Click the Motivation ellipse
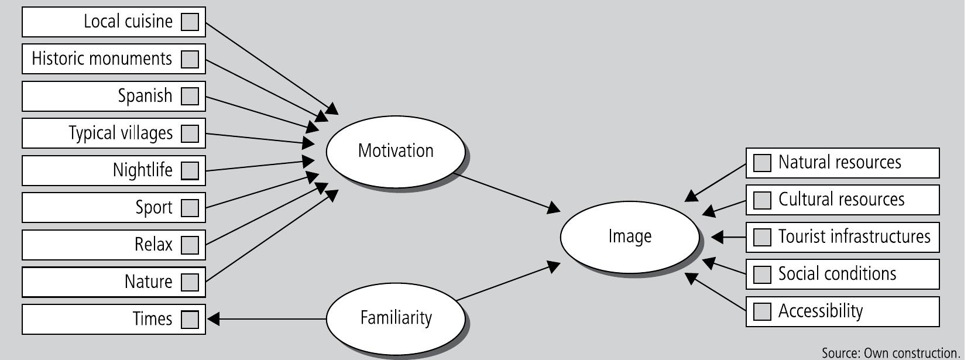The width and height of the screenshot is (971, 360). coord(395,151)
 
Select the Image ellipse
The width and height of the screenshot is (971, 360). coord(629,236)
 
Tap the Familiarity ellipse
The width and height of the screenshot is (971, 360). coord(395,318)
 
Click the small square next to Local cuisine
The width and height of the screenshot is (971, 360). coord(190,22)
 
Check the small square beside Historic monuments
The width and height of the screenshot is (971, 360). coord(190,59)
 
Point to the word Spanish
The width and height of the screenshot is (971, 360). coord(145,96)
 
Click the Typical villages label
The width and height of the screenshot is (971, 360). coord(121,133)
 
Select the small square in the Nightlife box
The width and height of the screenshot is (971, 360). coord(190,170)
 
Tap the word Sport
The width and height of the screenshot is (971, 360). coord(154,208)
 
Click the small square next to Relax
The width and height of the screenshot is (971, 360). coord(190,245)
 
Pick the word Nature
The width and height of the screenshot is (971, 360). coord(148,282)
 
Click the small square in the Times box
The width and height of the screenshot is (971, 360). coord(190,319)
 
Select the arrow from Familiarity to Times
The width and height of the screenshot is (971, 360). coord(266,319)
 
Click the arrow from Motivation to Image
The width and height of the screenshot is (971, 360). coord(506,191)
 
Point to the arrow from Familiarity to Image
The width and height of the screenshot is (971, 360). coord(506,283)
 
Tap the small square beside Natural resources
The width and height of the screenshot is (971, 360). coord(761,163)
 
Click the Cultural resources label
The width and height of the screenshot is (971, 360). coord(841,200)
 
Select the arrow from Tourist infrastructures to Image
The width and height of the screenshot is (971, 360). coord(729,237)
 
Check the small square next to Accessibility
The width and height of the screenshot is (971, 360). coord(761,311)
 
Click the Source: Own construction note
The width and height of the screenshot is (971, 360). coord(890,353)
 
